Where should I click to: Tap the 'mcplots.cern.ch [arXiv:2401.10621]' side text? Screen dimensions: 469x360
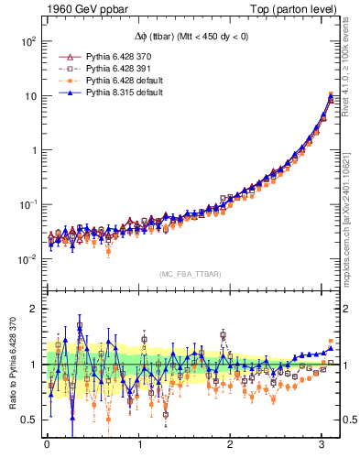352,209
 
